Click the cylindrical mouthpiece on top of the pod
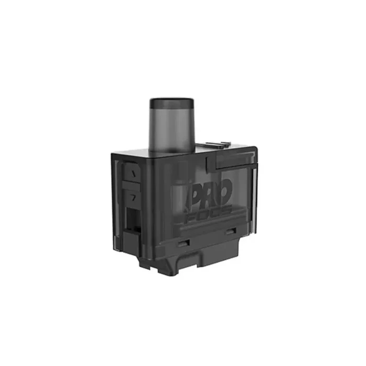click(x=171, y=125)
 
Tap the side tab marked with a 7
click(x=131, y=198)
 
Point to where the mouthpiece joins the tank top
click(x=171, y=150)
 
